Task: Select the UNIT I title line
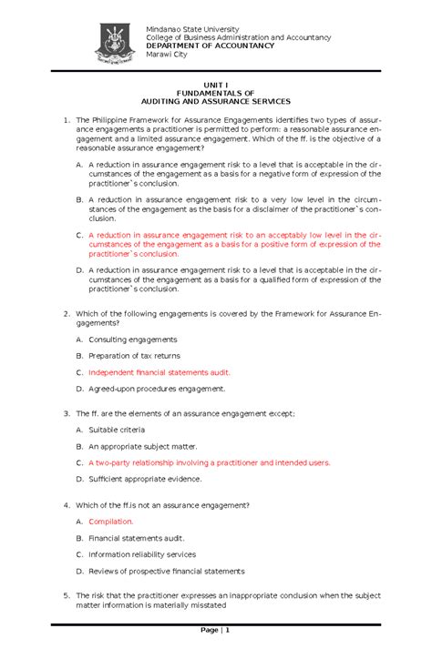coord(216,83)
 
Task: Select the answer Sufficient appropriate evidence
coord(145,479)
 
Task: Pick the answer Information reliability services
coord(141,554)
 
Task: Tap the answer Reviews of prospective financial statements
coord(166,572)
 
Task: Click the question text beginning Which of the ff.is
coord(162,504)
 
